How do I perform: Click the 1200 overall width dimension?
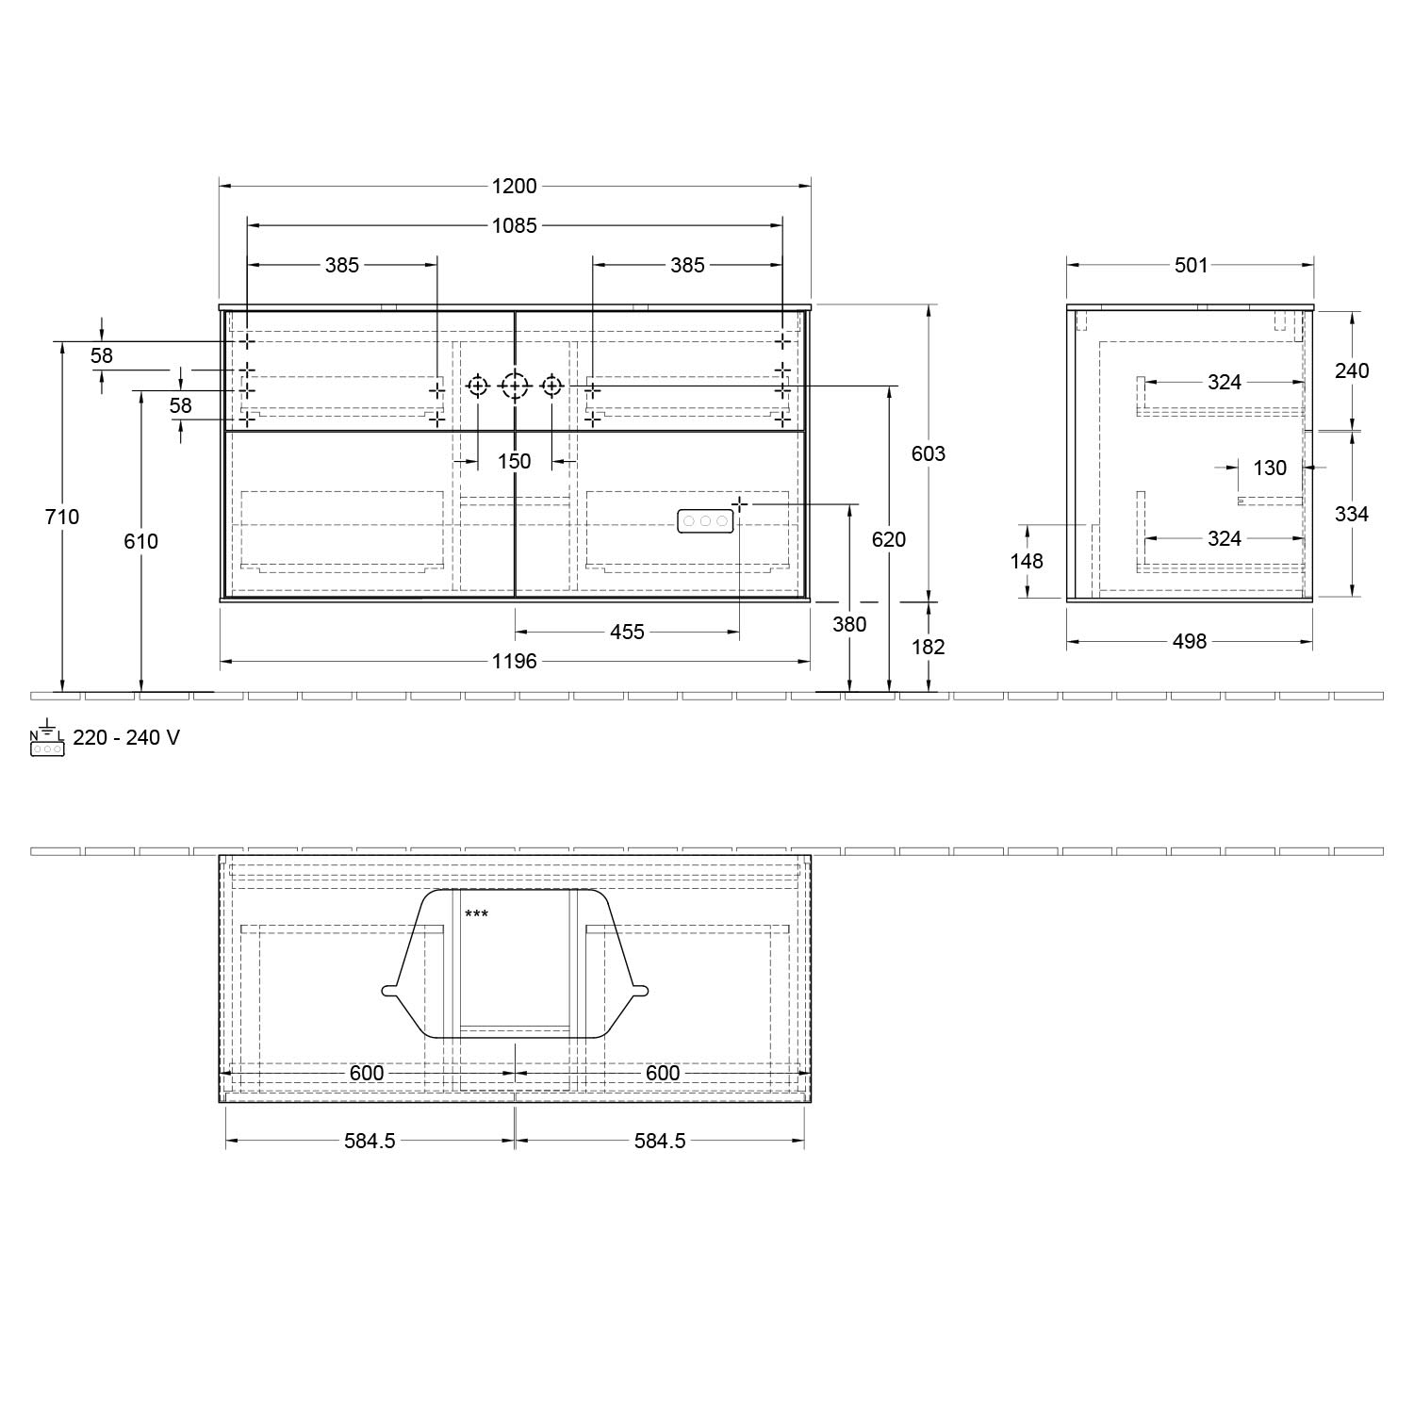[x=515, y=186]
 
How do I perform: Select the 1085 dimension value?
[x=515, y=225]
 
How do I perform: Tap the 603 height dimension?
[x=929, y=453]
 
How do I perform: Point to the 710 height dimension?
[x=62, y=517]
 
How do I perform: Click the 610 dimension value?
[x=141, y=541]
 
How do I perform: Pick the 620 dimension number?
[x=889, y=539]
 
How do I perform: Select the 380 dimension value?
[x=849, y=624]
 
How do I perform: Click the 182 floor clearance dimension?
[x=929, y=647]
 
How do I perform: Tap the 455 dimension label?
[x=627, y=632]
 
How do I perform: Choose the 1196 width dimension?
[x=515, y=661]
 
